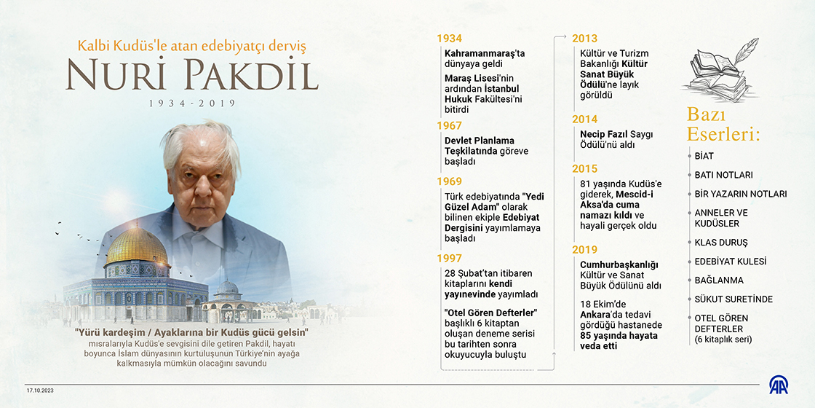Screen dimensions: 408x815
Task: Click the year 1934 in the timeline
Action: pos(449,38)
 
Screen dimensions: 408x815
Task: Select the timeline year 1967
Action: pos(449,125)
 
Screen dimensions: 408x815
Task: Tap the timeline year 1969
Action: pos(449,181)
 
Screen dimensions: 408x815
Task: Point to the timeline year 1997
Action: pos(449,258)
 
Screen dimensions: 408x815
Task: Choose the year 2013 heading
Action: pos(584,38)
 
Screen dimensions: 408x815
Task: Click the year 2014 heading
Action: pos(584,119)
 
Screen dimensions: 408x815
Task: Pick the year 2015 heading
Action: pos(584,169)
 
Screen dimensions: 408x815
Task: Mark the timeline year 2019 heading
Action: pos(584,250)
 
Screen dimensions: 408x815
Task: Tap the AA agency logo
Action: pos(779,385)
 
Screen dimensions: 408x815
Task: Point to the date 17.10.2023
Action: pos(41,390)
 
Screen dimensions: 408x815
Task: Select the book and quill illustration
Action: pos(717,70)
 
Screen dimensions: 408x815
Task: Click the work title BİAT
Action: pos(704,156)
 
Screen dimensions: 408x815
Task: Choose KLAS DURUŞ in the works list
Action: pos(721,242)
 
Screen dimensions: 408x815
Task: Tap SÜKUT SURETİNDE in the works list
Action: pos(733,299)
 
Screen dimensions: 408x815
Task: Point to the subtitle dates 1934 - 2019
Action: pos(192,103)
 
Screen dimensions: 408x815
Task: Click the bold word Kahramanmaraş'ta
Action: pos(485,53)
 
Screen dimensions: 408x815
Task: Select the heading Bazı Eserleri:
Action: pos(723,125)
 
